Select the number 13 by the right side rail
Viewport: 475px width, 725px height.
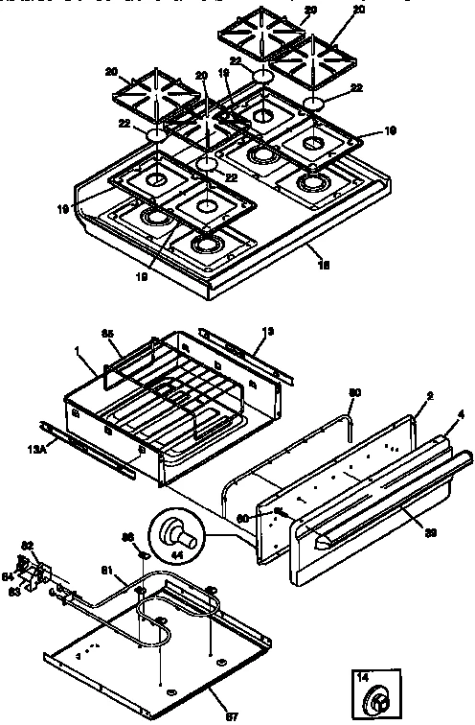(x=267, y=331)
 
